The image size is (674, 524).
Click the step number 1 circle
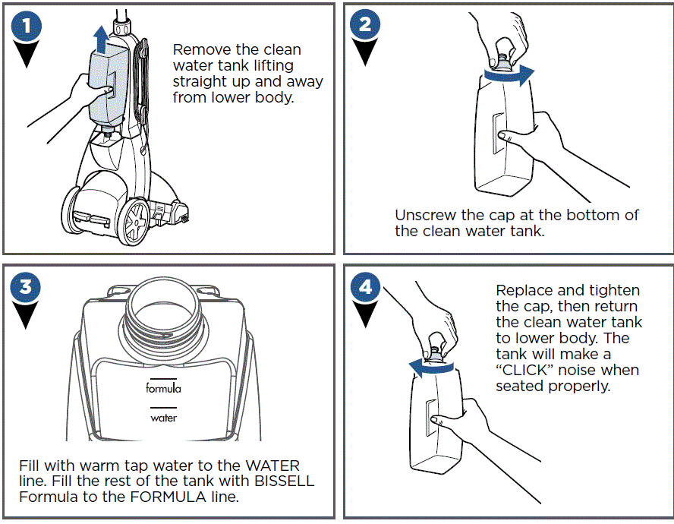[x=26, y=27]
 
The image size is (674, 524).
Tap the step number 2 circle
[x=365, y=25]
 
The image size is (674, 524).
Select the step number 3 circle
[x=26, y=288]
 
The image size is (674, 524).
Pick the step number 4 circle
[x=365, y=288]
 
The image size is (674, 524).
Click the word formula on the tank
[x=163, y=388]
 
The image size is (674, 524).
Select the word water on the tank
[x=163, y=418]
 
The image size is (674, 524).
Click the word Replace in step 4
[x=524, y=290]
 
